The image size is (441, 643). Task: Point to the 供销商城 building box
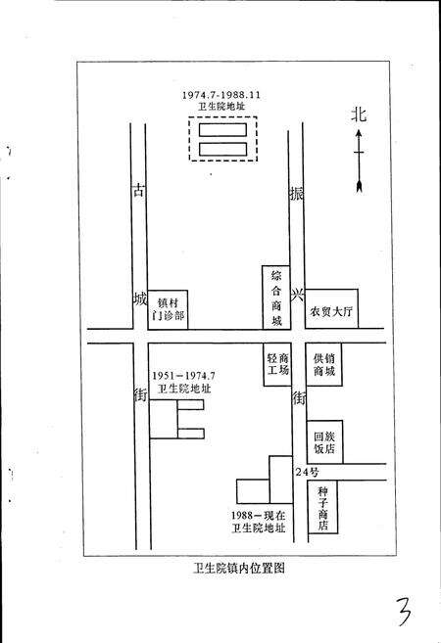[324, 365]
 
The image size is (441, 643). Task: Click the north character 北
[360, 115]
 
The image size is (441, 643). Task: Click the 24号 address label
[308, 473]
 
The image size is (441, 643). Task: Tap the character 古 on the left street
[137, 192]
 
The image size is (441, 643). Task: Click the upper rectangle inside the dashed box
[221, 128]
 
